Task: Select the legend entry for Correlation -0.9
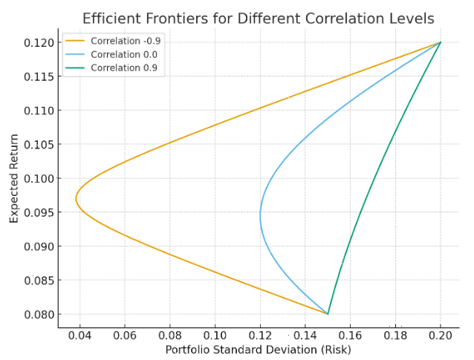tap(125, 42)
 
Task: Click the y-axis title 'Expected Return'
tap(14, 178)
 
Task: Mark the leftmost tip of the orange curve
tap(76, 199)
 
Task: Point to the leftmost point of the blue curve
tap(260, 216)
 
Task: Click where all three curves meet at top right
tap(441, 42)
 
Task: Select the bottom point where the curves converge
tap(328, 314)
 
